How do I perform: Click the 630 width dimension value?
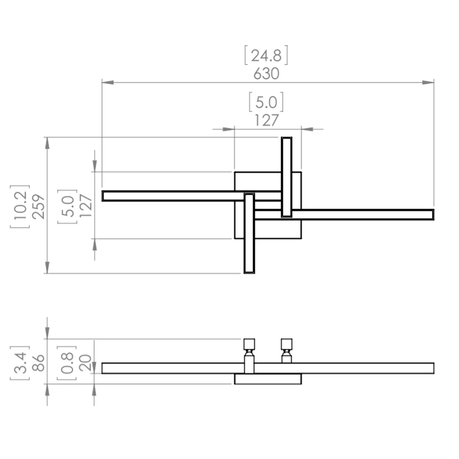pyautogui.click(x=266, y=74)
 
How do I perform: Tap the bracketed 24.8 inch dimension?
pyautogui.click(x=266, y=55)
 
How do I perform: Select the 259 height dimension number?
pyautogui.click(x=39, y=207)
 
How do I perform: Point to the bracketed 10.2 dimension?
pyautogui.click(x=20, y=206)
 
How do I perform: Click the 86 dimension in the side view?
pyautogui.click(x=39, y=363)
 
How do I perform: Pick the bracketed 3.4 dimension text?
pyautogui.click(x=20, y=363)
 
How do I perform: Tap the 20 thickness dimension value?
pyautogui.click(x=85, y=363)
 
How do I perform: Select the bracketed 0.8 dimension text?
pyautogui.click(x=67, y=363)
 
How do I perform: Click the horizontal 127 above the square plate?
pyautogui.click(x=266, y=120)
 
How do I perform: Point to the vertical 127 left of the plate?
pyautogui.click(x=86, y=206)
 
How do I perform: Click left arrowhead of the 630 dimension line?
pyautogui.click(x=107, y=82)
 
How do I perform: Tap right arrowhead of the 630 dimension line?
pyautogui.click(x=428, y=82)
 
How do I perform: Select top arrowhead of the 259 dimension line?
pyautogui.click(x=47, y=143)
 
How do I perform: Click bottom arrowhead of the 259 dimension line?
pyautogui.click(x=47, y=267)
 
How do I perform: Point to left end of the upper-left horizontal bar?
pyautogui.click(x=102, y=196)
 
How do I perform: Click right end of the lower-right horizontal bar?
pyautogui.click(x=433, y=215)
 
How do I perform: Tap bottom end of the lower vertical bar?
pyautogui.click(x=249, y=273)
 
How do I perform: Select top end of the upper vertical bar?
pyautogui.click(x=286, y=137)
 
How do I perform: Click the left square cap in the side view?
pyautogui.click(x=249, y=344)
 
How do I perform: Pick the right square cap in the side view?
pyautogui.click(x=286, y=344)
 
